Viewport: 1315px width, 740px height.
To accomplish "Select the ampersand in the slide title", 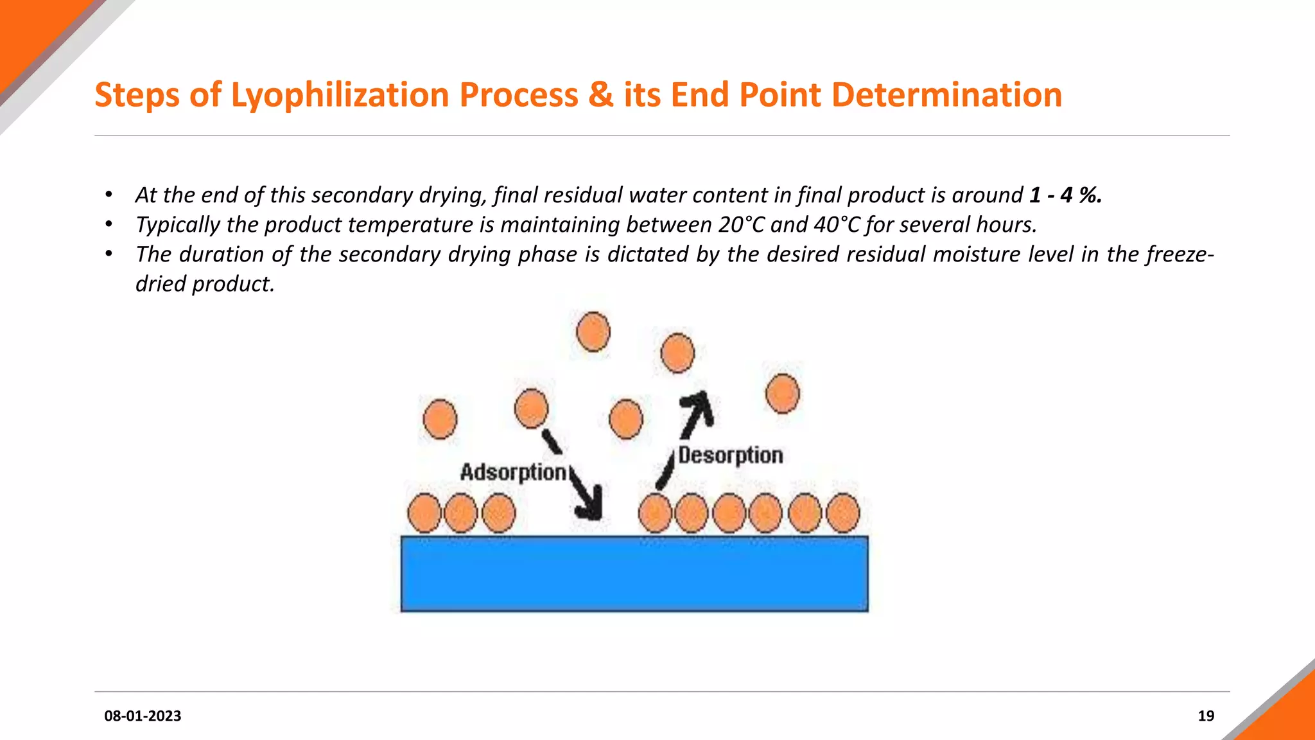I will pyautogui.click(x=601, y=95).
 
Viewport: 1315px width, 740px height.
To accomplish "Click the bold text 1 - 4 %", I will pyautogui.click(x=1065, y=195).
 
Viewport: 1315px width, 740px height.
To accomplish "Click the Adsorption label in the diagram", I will pyautogui.click(x=513, y=472).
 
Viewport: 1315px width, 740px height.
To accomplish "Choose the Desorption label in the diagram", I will pyautogui.click(x=731, y=455).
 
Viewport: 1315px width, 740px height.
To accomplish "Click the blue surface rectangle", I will pyautogui.click(x=634, y=574).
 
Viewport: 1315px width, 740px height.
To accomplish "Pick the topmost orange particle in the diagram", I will pyautogui.click(x=593, y=331).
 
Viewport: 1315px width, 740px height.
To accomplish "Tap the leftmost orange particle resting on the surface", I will pyautogui.click(x=424, y=513).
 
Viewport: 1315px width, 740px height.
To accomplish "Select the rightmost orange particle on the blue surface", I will pyautogui.click(x=842, y=513).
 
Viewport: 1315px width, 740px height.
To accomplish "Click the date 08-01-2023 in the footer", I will pyautogui.click(x=143, y=716).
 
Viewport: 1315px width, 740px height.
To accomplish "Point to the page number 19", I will pyautogui.click(x=1206, y=716).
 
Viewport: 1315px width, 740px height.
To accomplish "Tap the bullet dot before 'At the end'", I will pyautogui.click(x=109, y=195).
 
